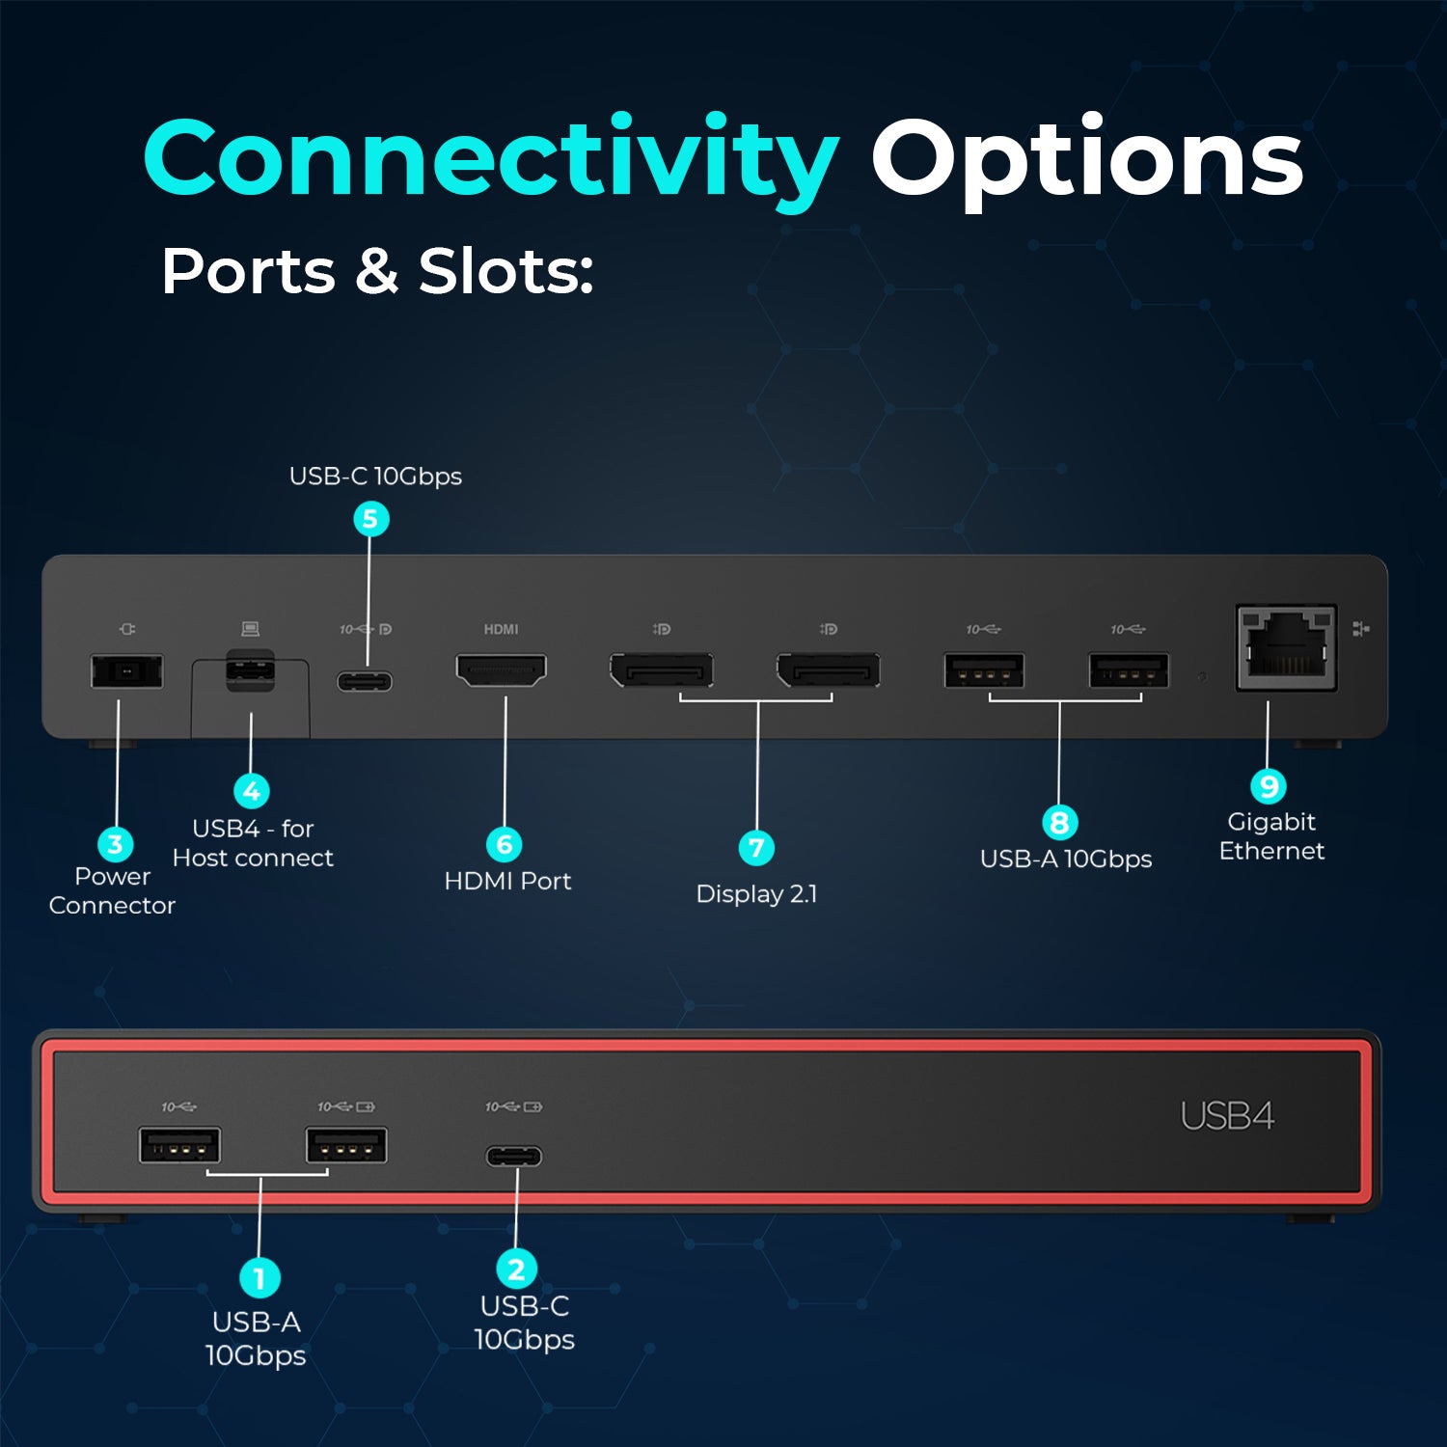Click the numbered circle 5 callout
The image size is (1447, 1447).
370,519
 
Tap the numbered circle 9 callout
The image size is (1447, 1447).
1269,786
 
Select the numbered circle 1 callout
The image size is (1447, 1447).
259,1278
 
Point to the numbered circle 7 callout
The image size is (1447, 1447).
757,848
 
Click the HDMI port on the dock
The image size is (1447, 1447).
501,670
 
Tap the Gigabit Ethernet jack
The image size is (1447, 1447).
1287,647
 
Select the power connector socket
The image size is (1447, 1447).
127,671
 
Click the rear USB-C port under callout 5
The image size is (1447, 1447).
365,682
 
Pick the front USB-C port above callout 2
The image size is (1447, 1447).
514,1156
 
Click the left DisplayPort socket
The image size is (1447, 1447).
662,670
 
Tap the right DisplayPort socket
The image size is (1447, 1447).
829,670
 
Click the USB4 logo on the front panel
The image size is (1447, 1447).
1228,1116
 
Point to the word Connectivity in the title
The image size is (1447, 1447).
491,160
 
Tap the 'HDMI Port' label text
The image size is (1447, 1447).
507,881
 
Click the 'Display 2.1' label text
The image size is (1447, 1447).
756,894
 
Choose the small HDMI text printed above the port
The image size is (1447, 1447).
501,629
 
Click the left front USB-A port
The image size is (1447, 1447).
179,1146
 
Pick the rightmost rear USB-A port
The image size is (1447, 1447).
1129,670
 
